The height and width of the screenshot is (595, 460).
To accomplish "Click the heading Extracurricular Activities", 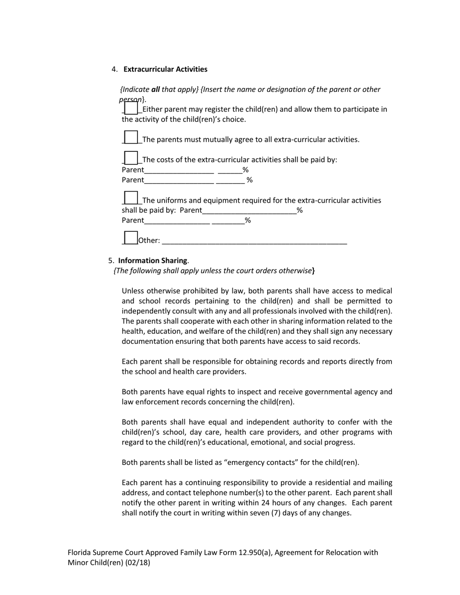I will point(165,69).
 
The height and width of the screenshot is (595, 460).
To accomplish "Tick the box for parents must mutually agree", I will point(131,137).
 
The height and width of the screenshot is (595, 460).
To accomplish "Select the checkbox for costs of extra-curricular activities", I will point(131,158).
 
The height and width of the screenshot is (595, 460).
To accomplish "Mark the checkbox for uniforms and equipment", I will point(131,198).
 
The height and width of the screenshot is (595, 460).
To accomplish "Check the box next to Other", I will point(131,238).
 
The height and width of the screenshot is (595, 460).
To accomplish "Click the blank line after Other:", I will point(254,240).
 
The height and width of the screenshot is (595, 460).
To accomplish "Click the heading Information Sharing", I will point(153,260).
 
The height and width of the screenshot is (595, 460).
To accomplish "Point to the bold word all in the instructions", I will point(155,89).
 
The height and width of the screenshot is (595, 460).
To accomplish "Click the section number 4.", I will point(114,69).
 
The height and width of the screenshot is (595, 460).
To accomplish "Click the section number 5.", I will point(111,260).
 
